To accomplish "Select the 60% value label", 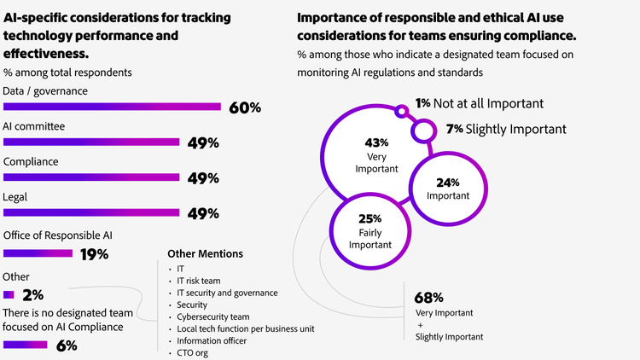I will (x=244, y=108).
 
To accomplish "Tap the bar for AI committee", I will (x=91, y=142).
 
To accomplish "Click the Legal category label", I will (x=15, y=197).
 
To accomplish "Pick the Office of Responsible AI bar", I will (x=38, y=253).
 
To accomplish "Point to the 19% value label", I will (x=94, y=254).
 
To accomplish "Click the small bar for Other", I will (x=9, y=295).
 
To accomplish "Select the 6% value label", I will (x=67, y=345).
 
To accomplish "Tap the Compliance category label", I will (x=31, y=161).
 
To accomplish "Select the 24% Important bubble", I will (x=448, y=189).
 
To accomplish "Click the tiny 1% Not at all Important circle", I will (x=401, y=109).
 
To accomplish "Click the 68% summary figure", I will (x=428, y=298).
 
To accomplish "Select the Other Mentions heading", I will (x=205, y=253).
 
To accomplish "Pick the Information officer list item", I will (x=211, y=340).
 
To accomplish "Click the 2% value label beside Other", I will (x=33, y=295).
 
